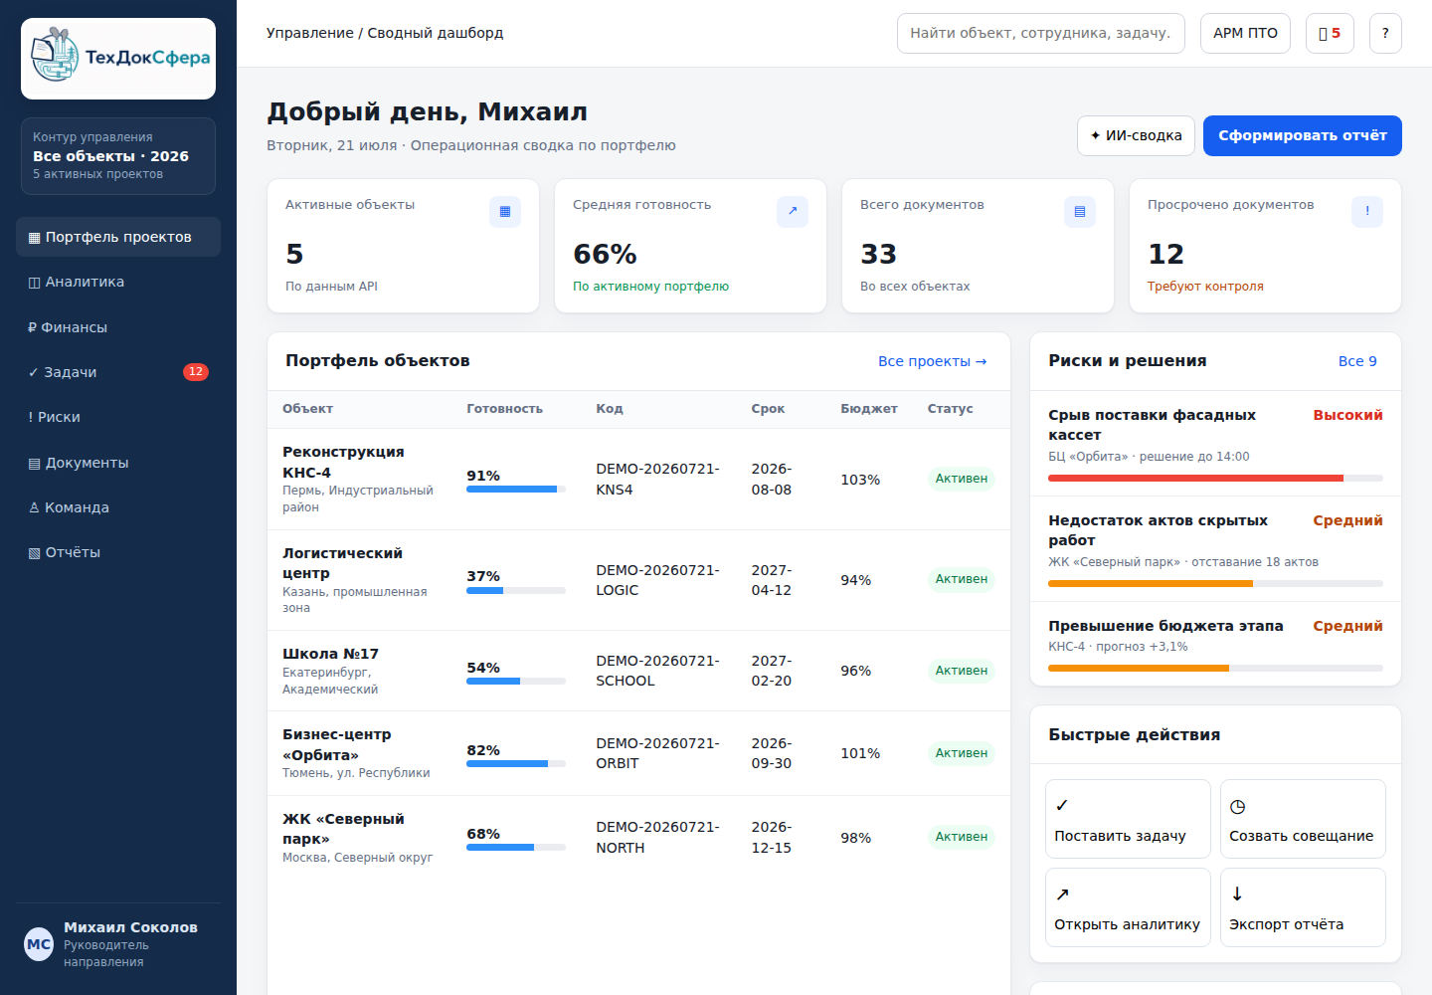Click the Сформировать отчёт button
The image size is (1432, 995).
[x=1303, y=135]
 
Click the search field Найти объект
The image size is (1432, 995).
[x=1041, y=33]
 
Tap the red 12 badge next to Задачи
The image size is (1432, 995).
[x=196, y=371]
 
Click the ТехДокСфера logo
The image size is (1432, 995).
[x=118, y=58]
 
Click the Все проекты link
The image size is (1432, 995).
[x=932, y=361]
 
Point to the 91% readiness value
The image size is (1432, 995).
[x=483, y=476]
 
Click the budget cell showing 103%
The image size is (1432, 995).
[x=860, y=480]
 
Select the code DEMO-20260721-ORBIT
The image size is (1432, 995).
[x=658, y=753]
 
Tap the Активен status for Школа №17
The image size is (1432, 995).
[x=961, y=671]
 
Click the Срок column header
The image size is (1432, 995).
[x=768, y=409]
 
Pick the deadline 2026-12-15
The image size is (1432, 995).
[x=772, y=837]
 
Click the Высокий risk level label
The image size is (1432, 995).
[x=1347, y=415]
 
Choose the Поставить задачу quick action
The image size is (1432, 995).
[x=1128, y=819]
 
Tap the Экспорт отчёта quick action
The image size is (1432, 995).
[x=1303, y=907]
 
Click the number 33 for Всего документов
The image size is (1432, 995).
[x=878, y=254]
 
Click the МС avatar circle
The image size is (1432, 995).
[x=39, y=944]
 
